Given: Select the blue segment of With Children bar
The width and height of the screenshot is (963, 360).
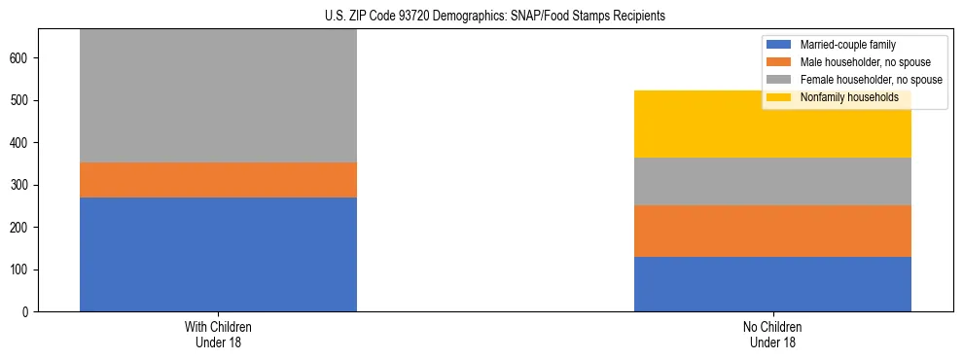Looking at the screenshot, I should [x=218, y=254].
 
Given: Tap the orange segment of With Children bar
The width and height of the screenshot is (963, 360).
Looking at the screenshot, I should [x=218, y=180].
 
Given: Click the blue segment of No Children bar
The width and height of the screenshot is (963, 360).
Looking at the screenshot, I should [x=772, y=284].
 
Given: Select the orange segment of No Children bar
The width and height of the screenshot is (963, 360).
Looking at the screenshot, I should [x=772, y=231].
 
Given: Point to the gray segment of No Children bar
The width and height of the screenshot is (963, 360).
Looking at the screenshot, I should [x=772, y=181].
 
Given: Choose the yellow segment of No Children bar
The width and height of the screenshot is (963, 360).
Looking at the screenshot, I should [x=772, y=124].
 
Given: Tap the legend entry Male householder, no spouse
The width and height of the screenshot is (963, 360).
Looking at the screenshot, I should [x=855, y=62].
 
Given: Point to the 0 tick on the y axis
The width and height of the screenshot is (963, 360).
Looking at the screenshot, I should [x=27, y=311].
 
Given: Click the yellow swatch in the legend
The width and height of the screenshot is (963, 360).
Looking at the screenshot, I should [x=779, y=97].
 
